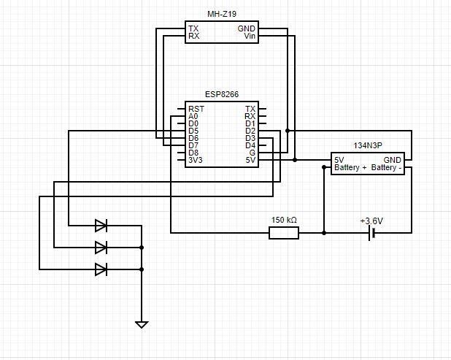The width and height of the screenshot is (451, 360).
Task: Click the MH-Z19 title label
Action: (222, 14)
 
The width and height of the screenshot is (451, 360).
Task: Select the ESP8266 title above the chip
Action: (222, 94)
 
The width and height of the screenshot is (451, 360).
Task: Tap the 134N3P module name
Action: (368, 145)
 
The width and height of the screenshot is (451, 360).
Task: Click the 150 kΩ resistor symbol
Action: (284, 233)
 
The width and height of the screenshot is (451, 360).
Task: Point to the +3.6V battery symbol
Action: (372, 233)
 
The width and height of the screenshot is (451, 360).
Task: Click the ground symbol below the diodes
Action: (142, 325)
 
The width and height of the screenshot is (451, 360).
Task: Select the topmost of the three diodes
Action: (101, 226)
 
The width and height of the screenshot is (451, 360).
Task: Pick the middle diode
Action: (101, 248)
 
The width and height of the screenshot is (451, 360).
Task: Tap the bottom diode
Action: (101, 269)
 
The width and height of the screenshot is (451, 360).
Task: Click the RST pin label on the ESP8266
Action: (196, 109)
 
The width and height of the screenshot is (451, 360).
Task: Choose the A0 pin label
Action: (193, 116)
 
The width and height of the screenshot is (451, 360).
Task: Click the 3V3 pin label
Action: (196, 160)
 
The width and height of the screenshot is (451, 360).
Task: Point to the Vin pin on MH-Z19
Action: (250, 36)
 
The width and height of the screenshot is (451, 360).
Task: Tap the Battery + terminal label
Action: (350, 167)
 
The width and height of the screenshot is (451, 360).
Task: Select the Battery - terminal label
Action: (386, 167)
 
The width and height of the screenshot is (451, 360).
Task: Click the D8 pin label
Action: (193, 153)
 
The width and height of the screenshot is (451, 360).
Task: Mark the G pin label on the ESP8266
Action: (253, 153)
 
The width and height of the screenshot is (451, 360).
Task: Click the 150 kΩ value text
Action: (284, 220)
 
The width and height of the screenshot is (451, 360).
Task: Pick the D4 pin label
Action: (250, 145)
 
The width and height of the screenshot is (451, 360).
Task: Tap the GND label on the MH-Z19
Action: (247, 28)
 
